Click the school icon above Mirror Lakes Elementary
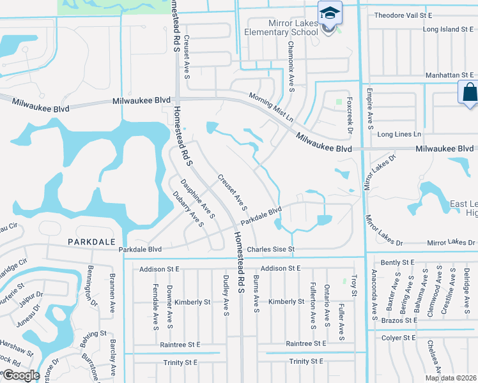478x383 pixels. point(330,13)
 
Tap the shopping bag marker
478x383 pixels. point(469,92)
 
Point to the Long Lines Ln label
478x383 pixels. point(399,134)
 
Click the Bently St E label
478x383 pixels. point(397,262)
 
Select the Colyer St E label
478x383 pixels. point(400,338)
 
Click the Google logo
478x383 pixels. point(22,375)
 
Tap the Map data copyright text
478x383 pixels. point(451,378)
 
